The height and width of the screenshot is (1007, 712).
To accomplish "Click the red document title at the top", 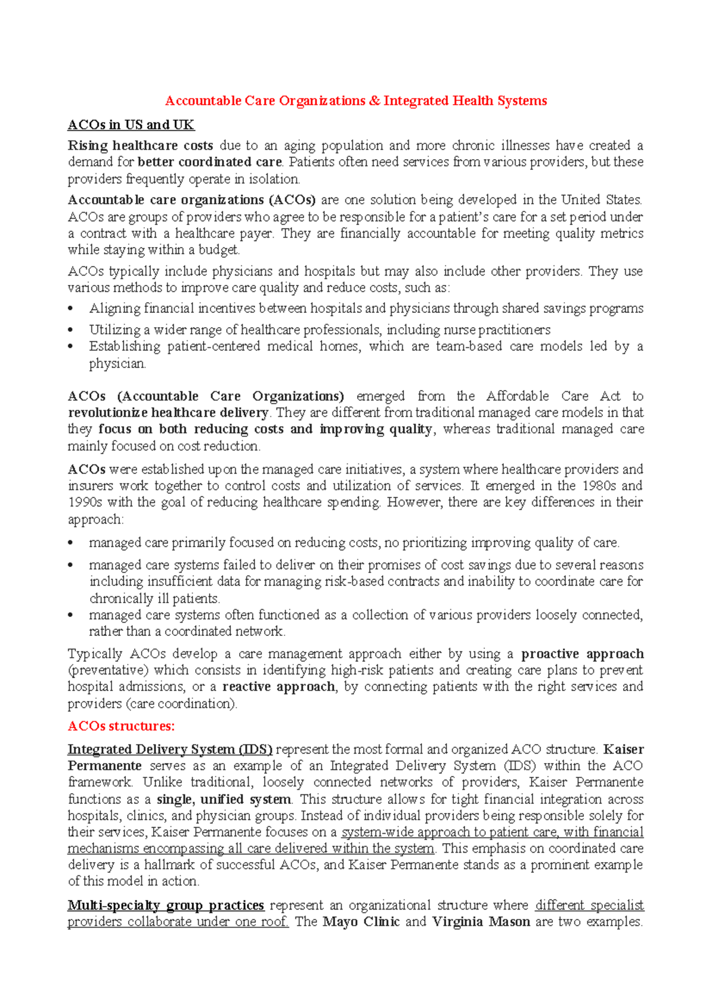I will (356, 101).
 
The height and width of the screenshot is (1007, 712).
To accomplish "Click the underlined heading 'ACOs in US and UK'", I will (131, 125).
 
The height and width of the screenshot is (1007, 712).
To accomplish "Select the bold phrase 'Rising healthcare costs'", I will (140, 145).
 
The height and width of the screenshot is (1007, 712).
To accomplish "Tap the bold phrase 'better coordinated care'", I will (209, 162).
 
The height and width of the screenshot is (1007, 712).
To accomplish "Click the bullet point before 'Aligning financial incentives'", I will (71, 309).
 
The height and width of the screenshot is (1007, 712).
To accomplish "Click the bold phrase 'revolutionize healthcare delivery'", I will (169, 413).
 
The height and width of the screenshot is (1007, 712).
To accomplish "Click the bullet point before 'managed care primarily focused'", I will (71, 543).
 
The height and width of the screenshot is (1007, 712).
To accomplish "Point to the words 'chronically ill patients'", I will (154, 598).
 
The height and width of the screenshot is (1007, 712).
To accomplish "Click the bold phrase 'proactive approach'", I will (582, 654).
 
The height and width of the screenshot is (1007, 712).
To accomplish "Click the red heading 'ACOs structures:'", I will (121, 726).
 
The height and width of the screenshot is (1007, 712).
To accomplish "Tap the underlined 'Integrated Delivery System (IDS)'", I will (170, 749).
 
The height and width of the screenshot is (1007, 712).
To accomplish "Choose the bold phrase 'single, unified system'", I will (224, 799).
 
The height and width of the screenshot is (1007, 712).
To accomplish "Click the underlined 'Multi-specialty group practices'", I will (166, 905).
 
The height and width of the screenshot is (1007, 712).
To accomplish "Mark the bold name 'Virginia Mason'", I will (481, 922).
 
